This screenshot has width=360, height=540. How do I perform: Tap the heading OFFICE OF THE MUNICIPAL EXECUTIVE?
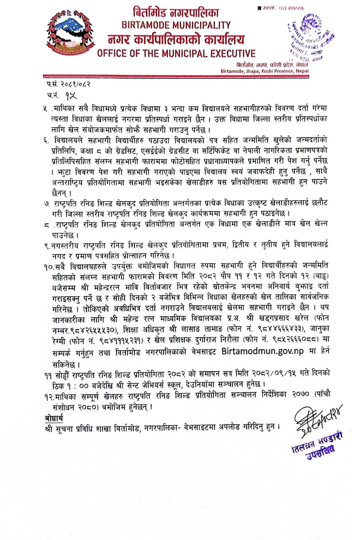176,53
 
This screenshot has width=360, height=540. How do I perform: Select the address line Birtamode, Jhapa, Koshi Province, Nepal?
264,71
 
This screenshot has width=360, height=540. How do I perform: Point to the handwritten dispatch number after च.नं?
71,96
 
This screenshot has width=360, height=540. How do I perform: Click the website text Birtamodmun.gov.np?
262,351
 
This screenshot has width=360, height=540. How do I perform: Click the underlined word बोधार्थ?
54,418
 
